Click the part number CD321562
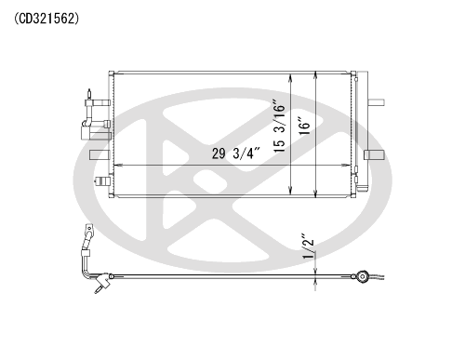(46, 19)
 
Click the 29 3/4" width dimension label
(235, 153)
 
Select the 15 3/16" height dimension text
(279, 126)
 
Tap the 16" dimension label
(304, 126)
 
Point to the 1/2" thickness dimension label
(308, 246)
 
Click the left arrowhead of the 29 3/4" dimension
(118, 166)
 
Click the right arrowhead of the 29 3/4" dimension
(347, 166)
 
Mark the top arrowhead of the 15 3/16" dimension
(290, 78)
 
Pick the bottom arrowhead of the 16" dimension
(315, 193)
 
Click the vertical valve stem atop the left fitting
(89, 94)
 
